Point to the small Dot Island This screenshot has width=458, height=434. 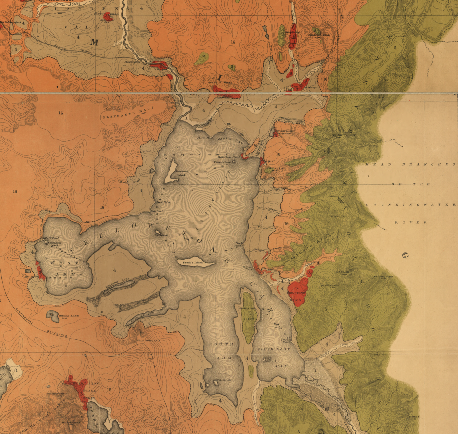[x=157, y=232]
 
